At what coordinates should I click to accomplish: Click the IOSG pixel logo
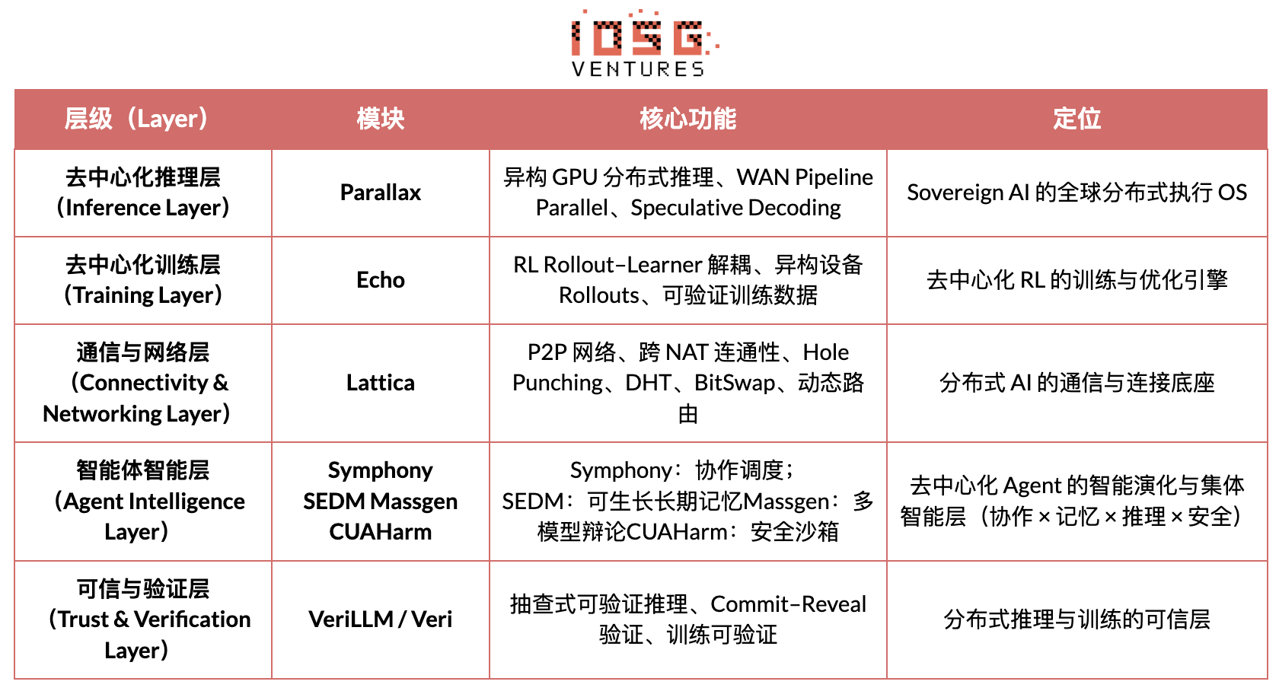point(639,34)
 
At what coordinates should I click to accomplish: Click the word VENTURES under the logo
point(638,69)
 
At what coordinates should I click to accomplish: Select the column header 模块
point(380,119)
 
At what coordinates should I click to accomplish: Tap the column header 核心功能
point(687,119)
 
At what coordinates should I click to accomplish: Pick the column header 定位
point(1076,119)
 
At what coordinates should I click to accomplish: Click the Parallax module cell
point(380,193)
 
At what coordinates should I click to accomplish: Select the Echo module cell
point(380,280)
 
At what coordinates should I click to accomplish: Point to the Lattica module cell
point(380,383)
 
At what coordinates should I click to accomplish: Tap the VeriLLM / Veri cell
point(380,619)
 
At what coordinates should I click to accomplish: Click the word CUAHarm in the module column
point(380,532)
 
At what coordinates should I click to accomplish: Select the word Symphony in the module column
point(380,470)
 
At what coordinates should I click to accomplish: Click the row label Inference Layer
point(143,208)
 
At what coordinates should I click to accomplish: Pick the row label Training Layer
point(143,295)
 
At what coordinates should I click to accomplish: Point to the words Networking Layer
point(136,414)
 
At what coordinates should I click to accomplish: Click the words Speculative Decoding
point(735,208)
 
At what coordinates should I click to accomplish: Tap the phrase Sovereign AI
point(968,193)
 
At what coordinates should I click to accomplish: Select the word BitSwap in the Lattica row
point(734,383)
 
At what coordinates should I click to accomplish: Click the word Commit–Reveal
point(788,604)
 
